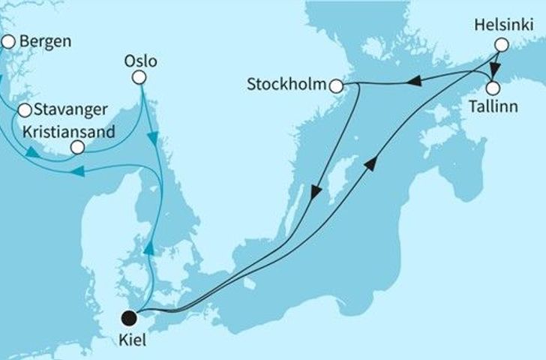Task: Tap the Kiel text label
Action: tap(132, 339)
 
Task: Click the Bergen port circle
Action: tap(8, 43)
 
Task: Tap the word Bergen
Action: tap(46, 41)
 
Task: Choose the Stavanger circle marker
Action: tap(24, 111)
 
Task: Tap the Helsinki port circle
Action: tap(500, 45)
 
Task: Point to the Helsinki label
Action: tap(500, 25)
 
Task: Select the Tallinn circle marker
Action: tap(492, 87)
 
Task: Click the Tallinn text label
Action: tap(492, 106)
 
